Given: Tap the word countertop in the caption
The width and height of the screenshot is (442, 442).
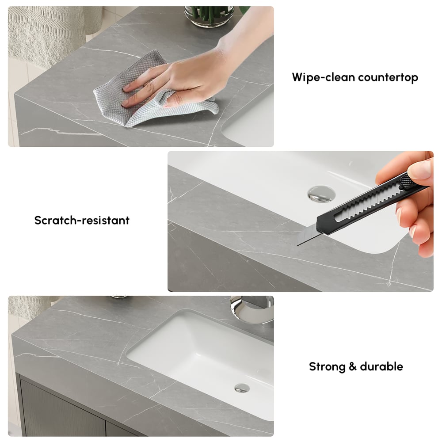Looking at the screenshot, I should [x=388, y=78].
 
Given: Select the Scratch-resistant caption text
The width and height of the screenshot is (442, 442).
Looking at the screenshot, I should [x=82, y=220].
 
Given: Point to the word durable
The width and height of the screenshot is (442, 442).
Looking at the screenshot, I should [x=381, y=366].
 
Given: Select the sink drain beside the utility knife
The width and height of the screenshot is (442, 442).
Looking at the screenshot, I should [x=320, y=193].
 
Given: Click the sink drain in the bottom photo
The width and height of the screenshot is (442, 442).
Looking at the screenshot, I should [x=242, y=388].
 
